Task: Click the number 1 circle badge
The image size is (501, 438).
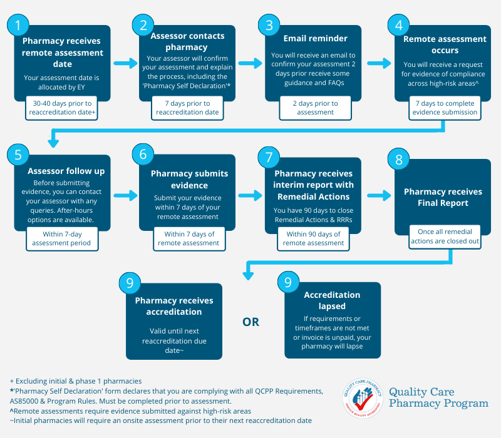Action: pyautogui.click(x=18, y=25)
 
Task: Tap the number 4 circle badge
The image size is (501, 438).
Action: pyautogui.click(x=398, y=25)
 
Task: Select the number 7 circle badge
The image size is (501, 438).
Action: pyautogui.click(x=269, y=158)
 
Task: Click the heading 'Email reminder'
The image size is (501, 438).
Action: pyautogui.click(x=316, y=38)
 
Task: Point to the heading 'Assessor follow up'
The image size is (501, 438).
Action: pyautogui.click(x=66, y=171)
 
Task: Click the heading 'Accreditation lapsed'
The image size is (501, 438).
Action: pyautogui.click(x=332, y=300)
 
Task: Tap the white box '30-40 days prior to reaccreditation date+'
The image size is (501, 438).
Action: pyautogui.click(x=61, y=108)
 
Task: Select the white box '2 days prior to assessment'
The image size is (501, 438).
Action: pyautogui.click(x=316, y=108)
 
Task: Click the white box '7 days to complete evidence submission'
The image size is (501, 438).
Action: pyautogui.click(x=445, y=108)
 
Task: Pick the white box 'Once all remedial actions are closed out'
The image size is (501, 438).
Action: pyautogui.click(x=445, y=237)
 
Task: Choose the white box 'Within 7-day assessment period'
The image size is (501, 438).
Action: pyautogui.click(x=62, y=239)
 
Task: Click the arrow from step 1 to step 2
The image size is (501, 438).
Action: pyautogui.click(x=125, y=63)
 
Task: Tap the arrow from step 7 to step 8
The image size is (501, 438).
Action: pyautogui.click(x=379, y=195)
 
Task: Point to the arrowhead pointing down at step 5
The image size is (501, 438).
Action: pyautogui.click(x=53, y=143)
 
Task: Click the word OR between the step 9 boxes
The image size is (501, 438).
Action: pyautogui.click(x=251, y=322)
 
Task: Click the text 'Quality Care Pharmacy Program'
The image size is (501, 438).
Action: pyautogui.click(x=438, y=397)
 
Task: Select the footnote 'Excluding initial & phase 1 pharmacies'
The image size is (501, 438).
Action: pyautogui.click(x=79, y=381)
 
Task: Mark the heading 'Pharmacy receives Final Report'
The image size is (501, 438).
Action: pyautogui.click(x=443, y=197)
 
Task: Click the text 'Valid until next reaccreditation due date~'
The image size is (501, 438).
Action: pyautogui.click(x=174, y=340)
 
